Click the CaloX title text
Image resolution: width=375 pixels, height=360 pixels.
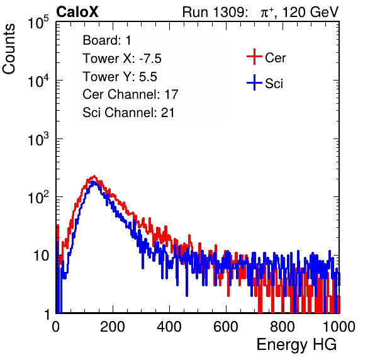pos(77,12)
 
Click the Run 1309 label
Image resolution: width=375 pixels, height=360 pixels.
pos(215,12)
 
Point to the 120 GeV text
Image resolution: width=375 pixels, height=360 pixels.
pos(311,12)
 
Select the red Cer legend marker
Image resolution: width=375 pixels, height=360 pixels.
pos(254,57)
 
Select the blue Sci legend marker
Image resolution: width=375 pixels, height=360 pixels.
pos(254,82)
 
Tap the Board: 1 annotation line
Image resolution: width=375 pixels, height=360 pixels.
pos(107,40)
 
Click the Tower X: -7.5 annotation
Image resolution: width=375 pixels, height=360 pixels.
pos(122,59)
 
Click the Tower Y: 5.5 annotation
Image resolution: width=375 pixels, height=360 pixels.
pos(120,77)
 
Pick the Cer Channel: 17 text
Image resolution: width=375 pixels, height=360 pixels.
pos(130,94)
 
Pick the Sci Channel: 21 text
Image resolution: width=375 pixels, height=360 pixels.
pos(128,113)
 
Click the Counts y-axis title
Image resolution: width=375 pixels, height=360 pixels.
pos(9,49)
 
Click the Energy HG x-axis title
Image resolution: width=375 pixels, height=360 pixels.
pos(296,345)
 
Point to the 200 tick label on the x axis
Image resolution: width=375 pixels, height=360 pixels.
pos(113,326)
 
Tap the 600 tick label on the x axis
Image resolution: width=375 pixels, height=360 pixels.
pos(226,326)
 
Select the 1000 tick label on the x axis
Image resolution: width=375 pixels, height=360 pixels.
pos(339,326)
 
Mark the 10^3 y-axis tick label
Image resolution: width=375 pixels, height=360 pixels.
pos(38,139)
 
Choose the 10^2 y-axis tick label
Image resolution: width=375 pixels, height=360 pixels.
pos(38,197)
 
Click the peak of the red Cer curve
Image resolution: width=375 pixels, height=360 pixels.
pos(94,177)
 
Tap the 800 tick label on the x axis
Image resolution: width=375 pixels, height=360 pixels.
pos(283,326)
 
